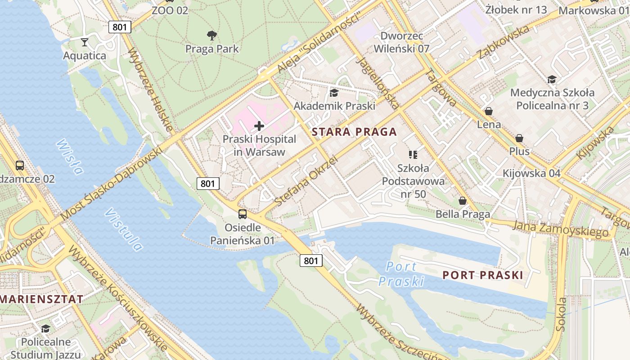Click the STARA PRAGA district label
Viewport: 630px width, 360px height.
(355, 132)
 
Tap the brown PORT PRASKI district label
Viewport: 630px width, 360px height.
(483, 275)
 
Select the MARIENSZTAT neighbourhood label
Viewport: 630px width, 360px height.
(41, 299)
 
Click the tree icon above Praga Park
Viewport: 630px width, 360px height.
(212, 36)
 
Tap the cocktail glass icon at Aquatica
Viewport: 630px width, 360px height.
(84, 43)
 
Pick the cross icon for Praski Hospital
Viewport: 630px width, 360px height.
(259, 126)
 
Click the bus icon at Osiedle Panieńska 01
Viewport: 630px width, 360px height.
(243, 214)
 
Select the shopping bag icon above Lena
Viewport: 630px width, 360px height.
(489, 111)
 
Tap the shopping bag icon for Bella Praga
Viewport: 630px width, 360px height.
(462, 201)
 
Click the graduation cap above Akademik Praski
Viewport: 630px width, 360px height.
(334, 93)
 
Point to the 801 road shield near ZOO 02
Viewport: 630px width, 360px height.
(120, 27)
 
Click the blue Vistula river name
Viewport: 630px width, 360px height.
(123, 229)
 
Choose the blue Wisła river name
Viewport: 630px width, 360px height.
(70, 156)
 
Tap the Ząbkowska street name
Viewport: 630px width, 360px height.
(504, 42)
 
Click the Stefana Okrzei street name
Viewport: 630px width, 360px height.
(306, 181)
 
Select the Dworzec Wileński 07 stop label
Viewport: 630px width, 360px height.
(405, 42)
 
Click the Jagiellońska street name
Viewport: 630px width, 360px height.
(377, 83)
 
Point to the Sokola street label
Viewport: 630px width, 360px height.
(561, 314)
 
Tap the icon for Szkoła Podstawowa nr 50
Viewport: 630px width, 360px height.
(413, 155)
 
